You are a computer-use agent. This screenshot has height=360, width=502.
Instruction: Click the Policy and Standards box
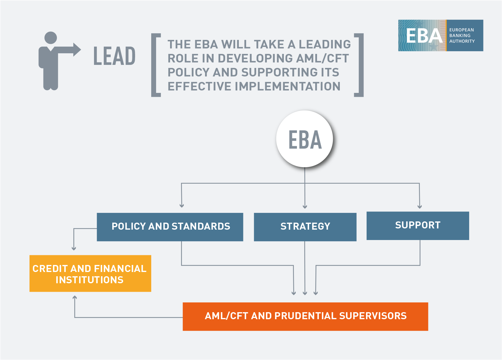coord(170,227)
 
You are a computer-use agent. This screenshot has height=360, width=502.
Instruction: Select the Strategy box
coord(305,227)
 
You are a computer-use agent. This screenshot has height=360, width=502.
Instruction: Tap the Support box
coord(417,226)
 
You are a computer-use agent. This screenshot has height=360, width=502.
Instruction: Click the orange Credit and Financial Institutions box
coord(90,274)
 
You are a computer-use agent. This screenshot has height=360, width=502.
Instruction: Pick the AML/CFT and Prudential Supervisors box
coord(305,316)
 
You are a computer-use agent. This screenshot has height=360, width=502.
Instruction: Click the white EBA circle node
coord(305,139)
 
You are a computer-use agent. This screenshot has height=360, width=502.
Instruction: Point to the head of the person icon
coord(51,38)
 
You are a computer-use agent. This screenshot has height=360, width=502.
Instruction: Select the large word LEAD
coord(114,56)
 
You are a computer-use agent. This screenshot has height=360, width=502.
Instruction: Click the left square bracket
coord(155,65)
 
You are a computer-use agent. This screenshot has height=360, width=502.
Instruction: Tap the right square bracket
coord(359,65)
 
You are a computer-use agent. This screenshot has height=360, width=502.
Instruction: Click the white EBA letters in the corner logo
coord(424,36)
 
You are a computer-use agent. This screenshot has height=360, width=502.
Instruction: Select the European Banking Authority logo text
coord(462,36)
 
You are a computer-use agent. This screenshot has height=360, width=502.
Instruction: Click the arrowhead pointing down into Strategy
coord(305,207)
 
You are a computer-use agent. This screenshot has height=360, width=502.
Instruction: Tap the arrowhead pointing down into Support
coord(420,207)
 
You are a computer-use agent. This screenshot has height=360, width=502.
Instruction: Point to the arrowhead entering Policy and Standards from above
coord(182,206)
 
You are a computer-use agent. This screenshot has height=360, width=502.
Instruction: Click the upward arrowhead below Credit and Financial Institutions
coord(75,298)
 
